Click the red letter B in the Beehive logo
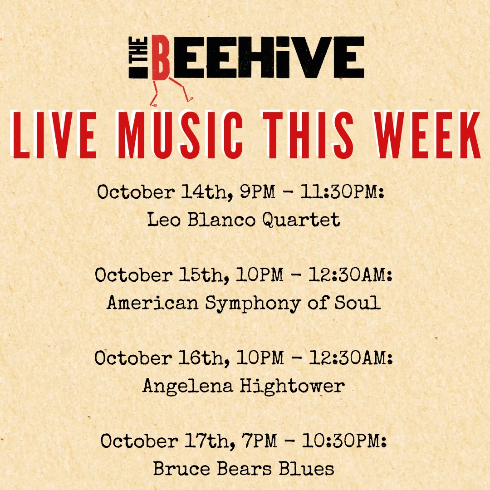(161, 58)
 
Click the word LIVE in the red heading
(53, 135)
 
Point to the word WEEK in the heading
(427, 135)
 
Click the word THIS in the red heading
(308, 135)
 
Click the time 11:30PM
(342, 191)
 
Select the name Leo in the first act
(164, 219)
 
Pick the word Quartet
(301, 220)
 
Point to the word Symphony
(253, 303)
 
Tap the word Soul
(358, 302)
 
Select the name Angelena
(188, 386)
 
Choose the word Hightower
(292, 386)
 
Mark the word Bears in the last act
(245, 469)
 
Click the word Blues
(307, 469)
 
